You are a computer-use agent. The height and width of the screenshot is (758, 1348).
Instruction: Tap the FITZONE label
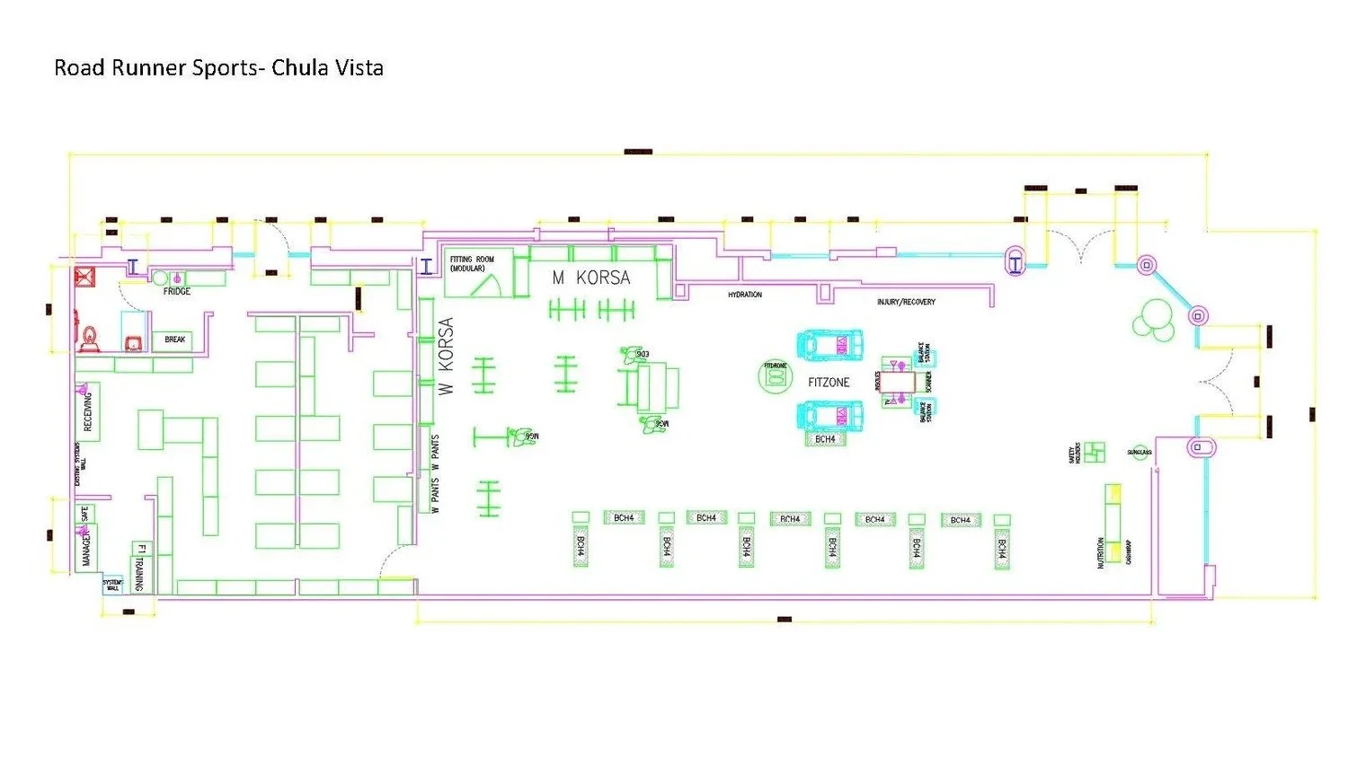coord(828,383)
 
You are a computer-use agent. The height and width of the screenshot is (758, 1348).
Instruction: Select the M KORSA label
coord(591,278)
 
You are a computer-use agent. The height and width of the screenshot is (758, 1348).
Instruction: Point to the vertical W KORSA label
coord(446,356)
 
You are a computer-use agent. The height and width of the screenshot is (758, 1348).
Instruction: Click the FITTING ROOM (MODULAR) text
coord(472,263)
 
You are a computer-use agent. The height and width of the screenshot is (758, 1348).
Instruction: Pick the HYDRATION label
coord(745,295)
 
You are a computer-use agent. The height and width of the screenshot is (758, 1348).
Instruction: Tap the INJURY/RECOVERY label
coord(906,303)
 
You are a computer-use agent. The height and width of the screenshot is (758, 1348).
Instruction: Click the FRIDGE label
coord(177,292)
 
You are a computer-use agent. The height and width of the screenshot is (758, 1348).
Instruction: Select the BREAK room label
coord(175,339)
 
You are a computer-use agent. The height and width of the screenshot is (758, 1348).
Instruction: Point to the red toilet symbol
coord(90,338)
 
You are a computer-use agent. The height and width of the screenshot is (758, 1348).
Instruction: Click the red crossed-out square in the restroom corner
coord(85,276)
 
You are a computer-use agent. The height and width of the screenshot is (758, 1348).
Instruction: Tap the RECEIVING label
coord(88,412)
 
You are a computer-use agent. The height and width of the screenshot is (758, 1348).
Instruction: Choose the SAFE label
coord(85,516)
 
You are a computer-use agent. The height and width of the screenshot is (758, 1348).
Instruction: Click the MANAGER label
coord(86,548)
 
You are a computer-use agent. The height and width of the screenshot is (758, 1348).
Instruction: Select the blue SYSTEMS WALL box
coord(112,586)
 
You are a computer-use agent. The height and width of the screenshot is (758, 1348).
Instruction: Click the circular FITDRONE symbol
coord(775,376)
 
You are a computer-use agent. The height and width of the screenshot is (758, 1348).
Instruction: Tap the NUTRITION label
coord(1100,552)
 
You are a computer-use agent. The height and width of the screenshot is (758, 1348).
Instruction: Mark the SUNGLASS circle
coord(1140,453)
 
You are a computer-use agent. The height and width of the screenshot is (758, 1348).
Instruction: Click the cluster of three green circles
coord(1153,319)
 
